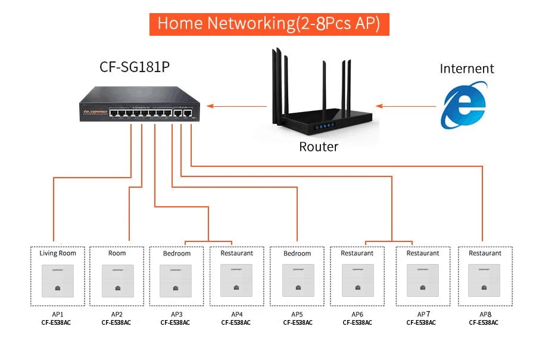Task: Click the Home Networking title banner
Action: point(269,24)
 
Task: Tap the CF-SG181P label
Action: point(135,67)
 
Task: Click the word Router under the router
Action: point(318,147)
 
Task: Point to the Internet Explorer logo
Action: point(463,105)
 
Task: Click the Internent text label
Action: point(467,69)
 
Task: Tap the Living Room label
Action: point(58,253)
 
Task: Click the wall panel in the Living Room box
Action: point(58,280)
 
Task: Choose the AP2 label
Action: point(117,314)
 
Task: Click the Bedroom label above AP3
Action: point(177,253)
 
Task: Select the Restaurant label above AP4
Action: point(236,253)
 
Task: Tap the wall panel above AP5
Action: point(297,280)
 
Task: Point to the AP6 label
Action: point(357,314)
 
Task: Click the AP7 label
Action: point(423,314)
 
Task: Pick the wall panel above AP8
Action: point(485,280)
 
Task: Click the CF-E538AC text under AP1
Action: point(58,323)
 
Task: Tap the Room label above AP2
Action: point(117,253)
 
